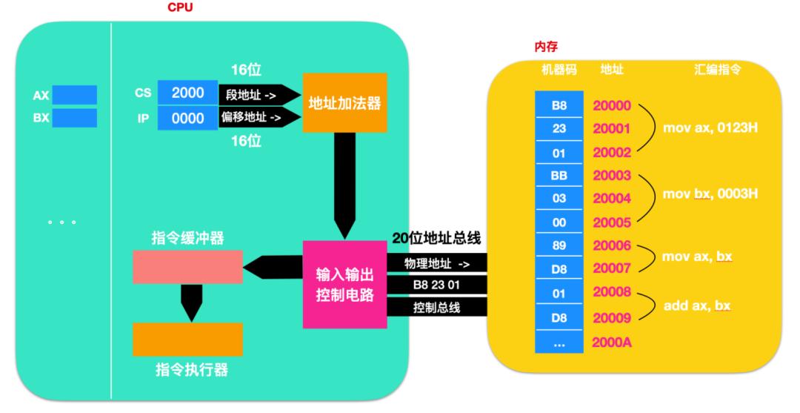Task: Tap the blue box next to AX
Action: (x=74, y=95)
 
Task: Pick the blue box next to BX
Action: (x=74, y=118)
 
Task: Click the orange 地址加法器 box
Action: (x=344, y=102)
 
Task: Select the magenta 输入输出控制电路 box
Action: (x=345, y=284)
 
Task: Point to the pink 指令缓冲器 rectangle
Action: (x=187, y=267)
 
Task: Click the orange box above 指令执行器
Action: (x=187, y=340)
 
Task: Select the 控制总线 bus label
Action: (x=437, y=307)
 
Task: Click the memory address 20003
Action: (x=612, y=176)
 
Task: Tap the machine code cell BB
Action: (x=559, y=176)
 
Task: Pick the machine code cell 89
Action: (x=559, y=245)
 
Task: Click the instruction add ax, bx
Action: (x=697, y=305)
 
